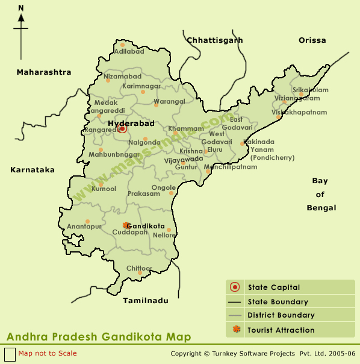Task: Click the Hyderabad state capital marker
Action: tap(123, 128)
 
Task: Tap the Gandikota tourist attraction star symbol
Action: tap(126, 225)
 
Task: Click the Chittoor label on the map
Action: tap(139, 268)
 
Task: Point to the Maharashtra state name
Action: tap(44, 72)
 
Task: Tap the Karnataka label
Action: tap(33, 170)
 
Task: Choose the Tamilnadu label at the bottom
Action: tap(146, 300)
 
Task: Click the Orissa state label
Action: tap(312, 40)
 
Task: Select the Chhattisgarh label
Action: tap(215, 40)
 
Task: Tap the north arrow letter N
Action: tap(21, 8)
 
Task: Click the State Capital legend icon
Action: tap(236, 287)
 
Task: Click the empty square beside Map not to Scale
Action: tap(10, 354)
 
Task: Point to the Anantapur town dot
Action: tap(87, 221)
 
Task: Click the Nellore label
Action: tap(164, 235)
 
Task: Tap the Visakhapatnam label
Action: tap(299, 112)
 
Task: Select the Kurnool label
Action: tap(104, 189)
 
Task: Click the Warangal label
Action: tap(170, 101)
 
